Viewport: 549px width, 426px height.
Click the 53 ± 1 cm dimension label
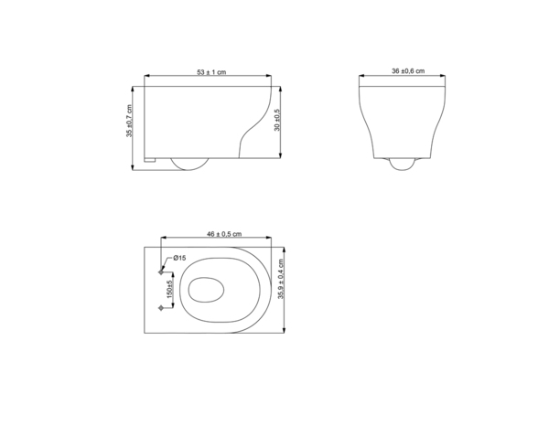[x=212, y=71]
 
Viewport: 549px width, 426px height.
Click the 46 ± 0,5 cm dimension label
[x=217, y=235]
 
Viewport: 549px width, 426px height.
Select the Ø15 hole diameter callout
[x=180, y=260]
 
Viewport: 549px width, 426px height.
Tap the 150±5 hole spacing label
[x=170, y=291]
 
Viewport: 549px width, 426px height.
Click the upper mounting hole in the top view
[x=162, y=272]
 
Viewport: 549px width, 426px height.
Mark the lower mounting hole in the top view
[x=162, y=309]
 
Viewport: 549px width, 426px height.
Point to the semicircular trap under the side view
[x=189, y=164]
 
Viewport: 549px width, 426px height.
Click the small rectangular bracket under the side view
[x=151, y=161]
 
